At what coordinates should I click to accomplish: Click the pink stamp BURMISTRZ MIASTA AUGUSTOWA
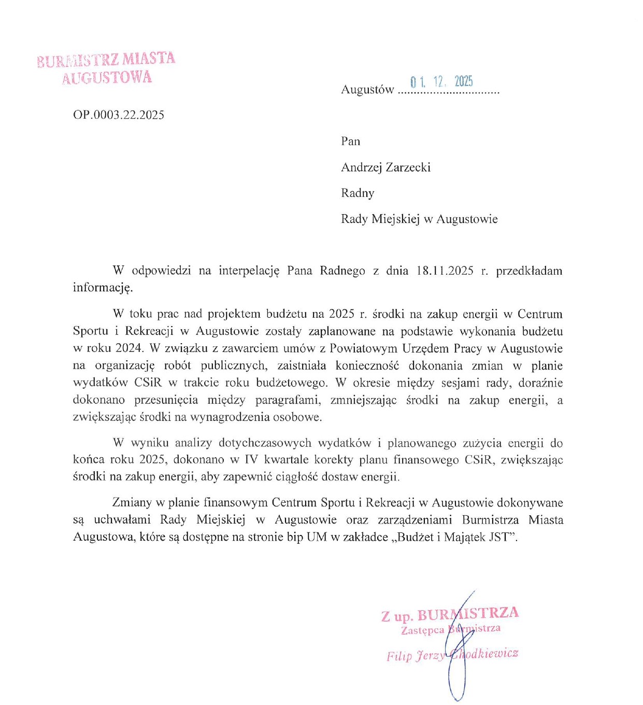pyautogui.click(x=106, y=68)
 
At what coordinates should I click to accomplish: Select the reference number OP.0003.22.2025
pyautogui.click(x=119, y=115)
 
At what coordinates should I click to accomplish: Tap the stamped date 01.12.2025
pyautogui.click(x=441, y=82)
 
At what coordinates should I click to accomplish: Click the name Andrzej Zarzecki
pyautogui.click(x=385, y=167)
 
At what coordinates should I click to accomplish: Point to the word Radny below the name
pyautogui.click(x=358, y=193)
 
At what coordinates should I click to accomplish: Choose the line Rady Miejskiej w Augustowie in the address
pyautogui.click(x=419, y=219)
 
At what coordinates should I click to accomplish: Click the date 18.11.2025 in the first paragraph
pyautogui.click(x=445, y=271)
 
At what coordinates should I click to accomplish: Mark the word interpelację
pyautogui.click(x=249, y=271)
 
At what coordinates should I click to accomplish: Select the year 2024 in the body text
pyautogui.click(x=128, y=348)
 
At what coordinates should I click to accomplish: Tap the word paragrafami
pyautogui.click(x=288, y=400)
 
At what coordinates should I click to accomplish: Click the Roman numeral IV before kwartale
pyautogui.click(x=251, y=460)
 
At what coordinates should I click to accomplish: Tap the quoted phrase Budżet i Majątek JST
pyautogui.click(x=456, y=537)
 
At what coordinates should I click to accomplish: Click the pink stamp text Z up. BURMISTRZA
pyautogui.click(x=450, y=615)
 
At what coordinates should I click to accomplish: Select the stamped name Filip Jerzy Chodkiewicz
pyautogui.click(x=452, y=655)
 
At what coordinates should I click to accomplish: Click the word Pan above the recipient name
pyautogui.click(x=350, y=142)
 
